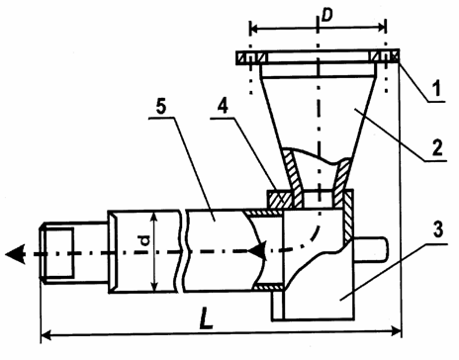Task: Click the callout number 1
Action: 436,88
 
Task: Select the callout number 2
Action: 437,147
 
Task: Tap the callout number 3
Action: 438,229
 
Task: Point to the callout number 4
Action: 224,106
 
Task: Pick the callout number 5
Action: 161,106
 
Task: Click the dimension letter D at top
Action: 327,15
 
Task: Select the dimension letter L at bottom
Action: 207,318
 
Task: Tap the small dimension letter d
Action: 145,240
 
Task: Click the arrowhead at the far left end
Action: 16,254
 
